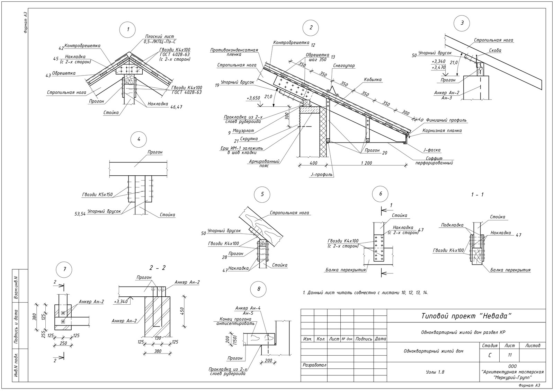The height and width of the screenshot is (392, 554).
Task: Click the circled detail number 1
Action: pos(128,29)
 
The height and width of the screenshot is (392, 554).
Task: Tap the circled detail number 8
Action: pos(259,289)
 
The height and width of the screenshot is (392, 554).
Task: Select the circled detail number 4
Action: pos(139,139)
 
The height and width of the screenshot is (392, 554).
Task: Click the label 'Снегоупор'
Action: pos(344,66)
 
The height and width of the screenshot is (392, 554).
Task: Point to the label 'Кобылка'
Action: pos(373,80)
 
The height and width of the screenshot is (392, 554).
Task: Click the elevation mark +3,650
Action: pos(253,98)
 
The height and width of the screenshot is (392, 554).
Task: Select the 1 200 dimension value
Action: pos(366,163)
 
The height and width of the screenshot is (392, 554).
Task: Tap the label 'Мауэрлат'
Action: pos(243,131)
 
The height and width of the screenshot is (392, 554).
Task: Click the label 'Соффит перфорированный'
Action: pos(434,161)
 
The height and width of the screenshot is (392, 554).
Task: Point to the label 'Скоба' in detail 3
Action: pos(495,51)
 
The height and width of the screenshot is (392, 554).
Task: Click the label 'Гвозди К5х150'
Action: pos(97,195)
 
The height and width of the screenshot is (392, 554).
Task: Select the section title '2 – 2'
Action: pos(157,268)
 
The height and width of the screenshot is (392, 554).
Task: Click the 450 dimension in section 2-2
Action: pos(182,311)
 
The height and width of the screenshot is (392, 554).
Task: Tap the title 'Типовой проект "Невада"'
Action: pos(466,316)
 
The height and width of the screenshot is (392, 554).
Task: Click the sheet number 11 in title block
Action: pos(509,355)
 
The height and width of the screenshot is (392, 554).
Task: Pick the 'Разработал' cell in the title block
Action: pos(314,365)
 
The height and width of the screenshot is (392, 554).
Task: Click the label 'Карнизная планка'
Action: pos(442,131)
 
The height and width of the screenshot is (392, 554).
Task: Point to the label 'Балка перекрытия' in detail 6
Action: pos(346,270)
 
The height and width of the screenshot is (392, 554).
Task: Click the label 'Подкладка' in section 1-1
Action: pos(452,225)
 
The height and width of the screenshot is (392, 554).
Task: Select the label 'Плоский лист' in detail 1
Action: pos(160,37)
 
